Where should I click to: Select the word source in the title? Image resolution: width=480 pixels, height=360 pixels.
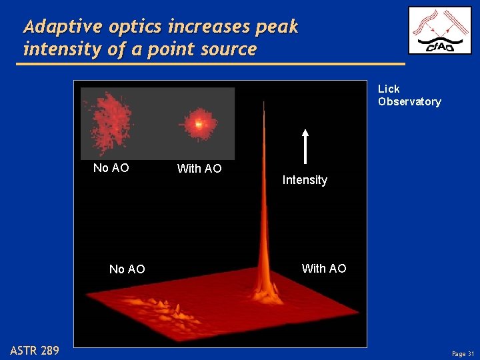[x=226, y=49]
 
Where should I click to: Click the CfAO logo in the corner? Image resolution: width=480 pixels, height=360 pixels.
[x=439, y=31]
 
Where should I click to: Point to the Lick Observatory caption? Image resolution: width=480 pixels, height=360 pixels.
[x=409, y=95]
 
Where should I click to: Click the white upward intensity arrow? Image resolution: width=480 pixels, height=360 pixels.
[x=305, y=146]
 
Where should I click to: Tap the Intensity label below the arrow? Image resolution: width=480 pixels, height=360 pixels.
[x=305, y=180]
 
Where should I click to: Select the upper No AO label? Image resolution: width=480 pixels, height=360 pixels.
[x=111, y=168]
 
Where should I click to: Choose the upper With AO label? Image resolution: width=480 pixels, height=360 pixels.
[x=199, y=169]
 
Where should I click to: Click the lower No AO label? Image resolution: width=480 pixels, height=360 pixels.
[x=127, y=269]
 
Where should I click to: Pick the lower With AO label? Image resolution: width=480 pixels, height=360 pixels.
[x=324, y=269]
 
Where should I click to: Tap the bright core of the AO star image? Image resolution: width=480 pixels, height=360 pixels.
[x=197, y=123]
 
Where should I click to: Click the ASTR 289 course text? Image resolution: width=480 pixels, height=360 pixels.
[x=35, y=351]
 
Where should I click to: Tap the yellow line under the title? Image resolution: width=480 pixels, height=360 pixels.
[x=213, y=64]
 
